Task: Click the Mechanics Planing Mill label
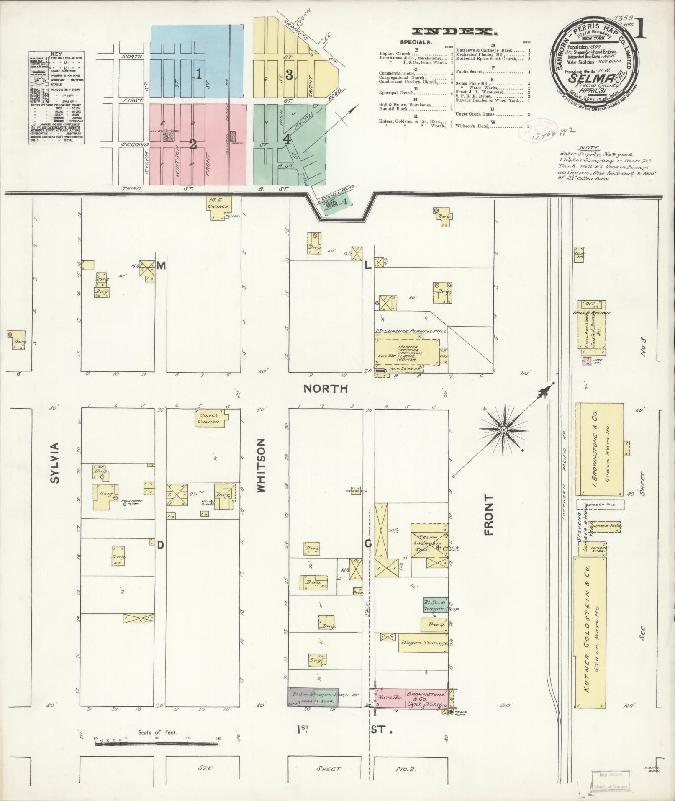coord(410,331)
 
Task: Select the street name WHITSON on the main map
coord(261,465)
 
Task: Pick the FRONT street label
coord(488,515)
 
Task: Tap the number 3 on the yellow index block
coord(289,75)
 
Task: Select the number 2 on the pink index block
coord(193,144)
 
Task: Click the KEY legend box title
coord(56,54)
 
